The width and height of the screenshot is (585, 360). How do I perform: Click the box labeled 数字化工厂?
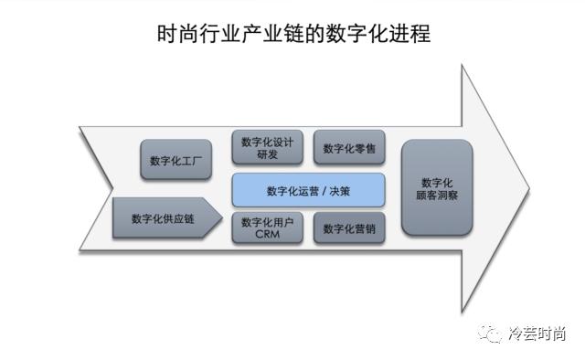tap(176, 161)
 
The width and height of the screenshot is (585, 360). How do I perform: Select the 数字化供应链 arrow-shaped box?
tap(167, 218)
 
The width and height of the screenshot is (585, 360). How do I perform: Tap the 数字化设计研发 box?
tap(267, 148)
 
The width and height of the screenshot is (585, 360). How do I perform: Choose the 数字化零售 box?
tap(348, 148)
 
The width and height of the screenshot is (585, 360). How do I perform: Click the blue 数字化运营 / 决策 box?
tap(308, 191)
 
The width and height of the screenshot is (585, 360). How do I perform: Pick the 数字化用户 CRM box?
tap(267, 228)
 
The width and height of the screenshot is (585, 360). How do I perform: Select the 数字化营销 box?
tap(348, 228)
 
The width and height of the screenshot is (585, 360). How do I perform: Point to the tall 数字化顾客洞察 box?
tap(437, 187)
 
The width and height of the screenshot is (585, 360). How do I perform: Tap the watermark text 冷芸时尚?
tap(537, 334)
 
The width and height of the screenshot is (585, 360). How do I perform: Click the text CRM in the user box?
tap(267, 235)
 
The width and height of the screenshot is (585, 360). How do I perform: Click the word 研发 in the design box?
tap(267, 155)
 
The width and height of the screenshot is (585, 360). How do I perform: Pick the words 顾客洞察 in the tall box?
tap(437, 195)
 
